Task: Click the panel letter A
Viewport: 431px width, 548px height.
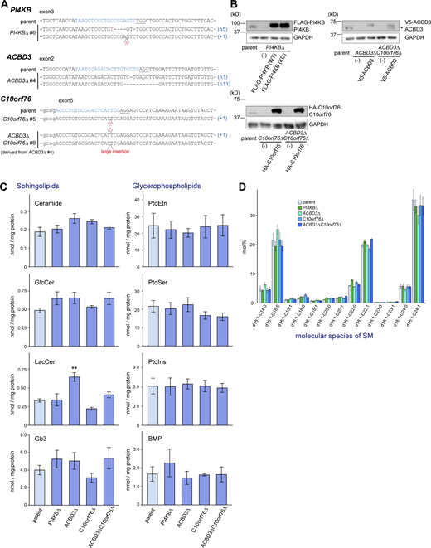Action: (x=7, y=6)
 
